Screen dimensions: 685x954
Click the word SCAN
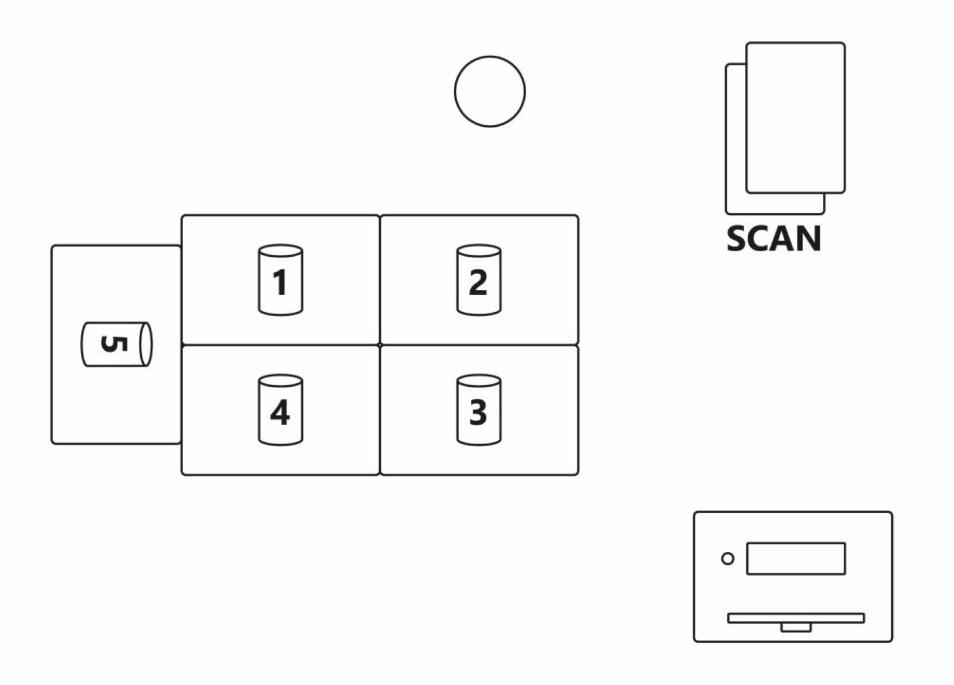(x=773, y=239)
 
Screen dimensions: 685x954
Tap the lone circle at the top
(x=489, y=91)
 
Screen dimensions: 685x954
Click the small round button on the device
(x=728, y=559)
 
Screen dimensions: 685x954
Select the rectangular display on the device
(x=796, y=559)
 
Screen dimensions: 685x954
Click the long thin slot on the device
(x=796, y=618)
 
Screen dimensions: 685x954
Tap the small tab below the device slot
(x=796, y=627)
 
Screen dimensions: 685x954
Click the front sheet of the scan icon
(x=796, y=117)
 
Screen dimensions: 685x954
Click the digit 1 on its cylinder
(x=280, y=282)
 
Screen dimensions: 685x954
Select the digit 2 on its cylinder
(x=479, y=282)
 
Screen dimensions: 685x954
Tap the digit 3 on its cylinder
(x=479, y=413)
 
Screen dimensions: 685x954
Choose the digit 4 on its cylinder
(x=280, y=413)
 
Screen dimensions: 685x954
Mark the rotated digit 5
(x=114, y=344)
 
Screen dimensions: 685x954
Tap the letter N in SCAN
(x=808, y=239)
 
